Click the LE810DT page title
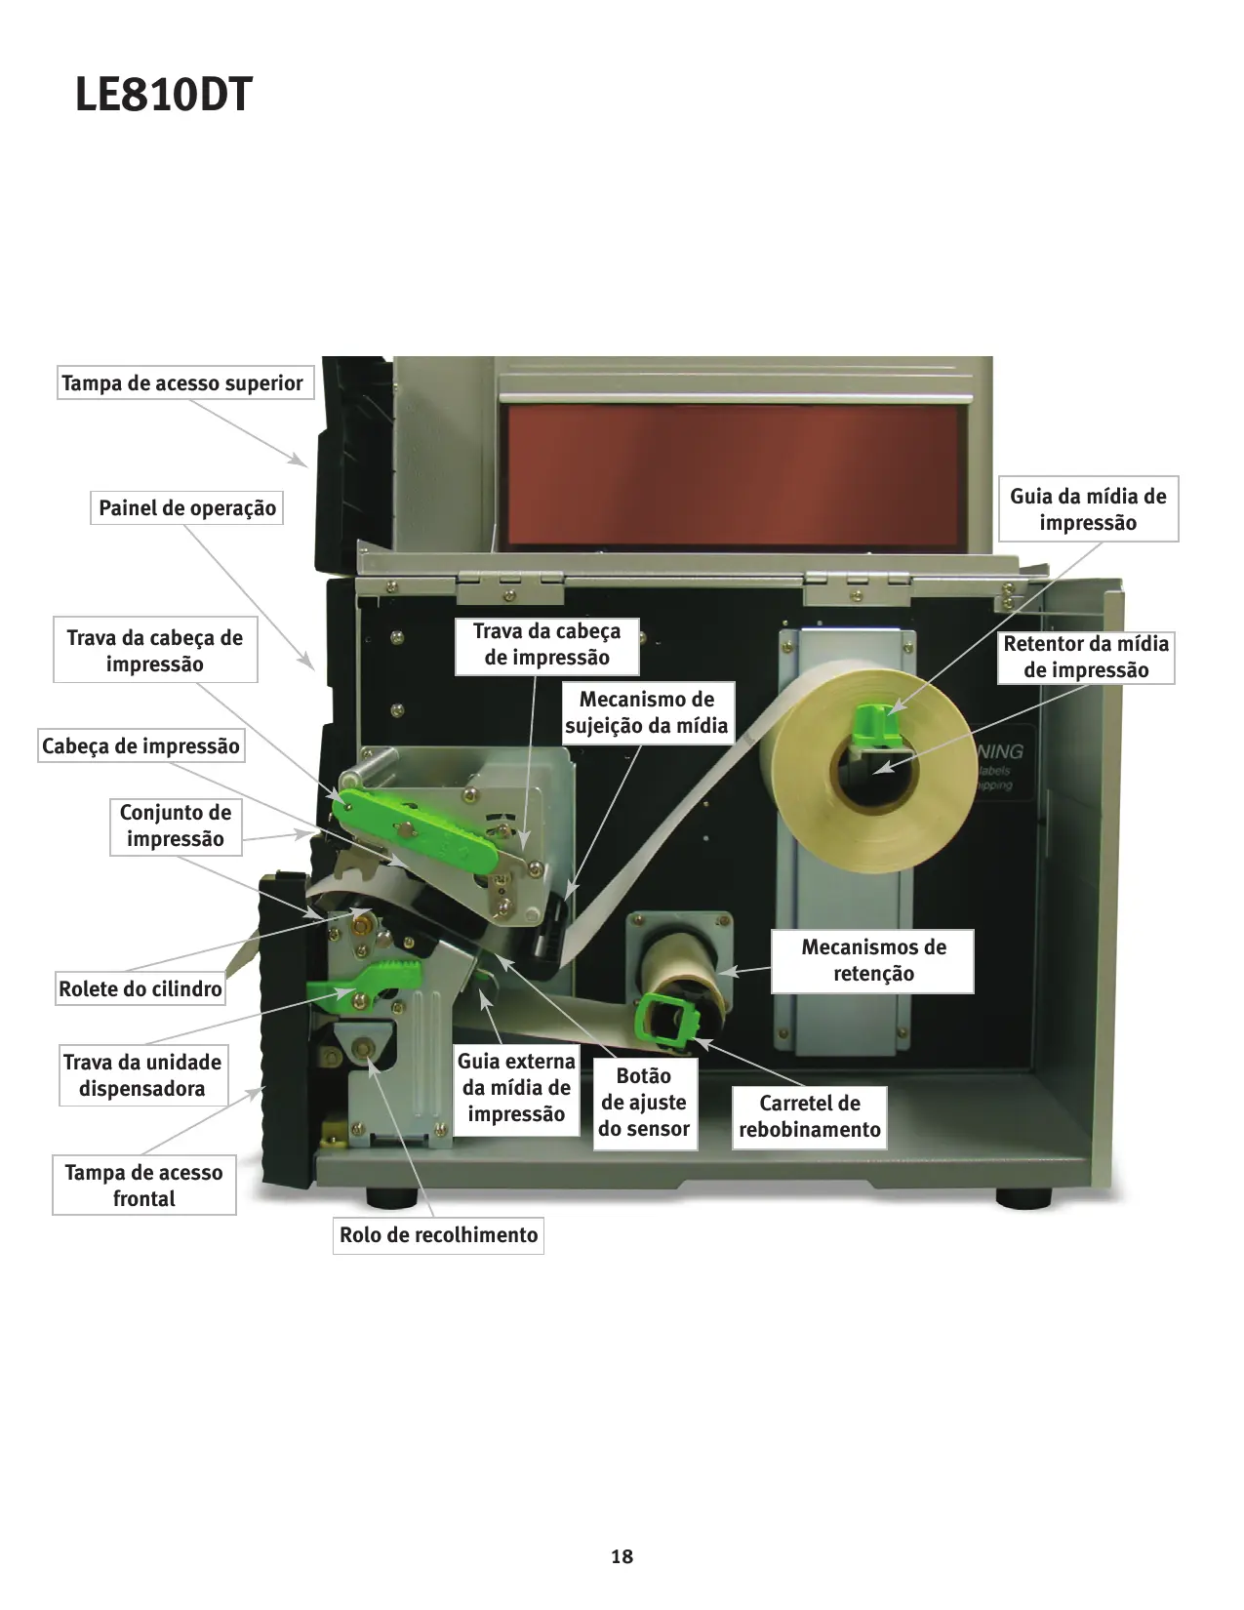(x=164, y=96)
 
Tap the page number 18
(x=622, y=1556)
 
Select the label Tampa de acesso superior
(x=182, y=383)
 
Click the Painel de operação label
(x=186, y=508)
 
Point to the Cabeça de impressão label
(x=140, y=746)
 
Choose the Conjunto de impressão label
(x=176, y=825)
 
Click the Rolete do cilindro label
(x=140, y=988)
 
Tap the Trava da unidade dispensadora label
(x=142, y=1075)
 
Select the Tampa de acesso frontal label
(x=143, y=1186)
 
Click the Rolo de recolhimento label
(x=438, y=1235)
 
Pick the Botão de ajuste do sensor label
(x=644, y=1103)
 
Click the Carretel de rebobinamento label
(x=810, y=1116)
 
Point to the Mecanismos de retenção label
(x=873, y=960)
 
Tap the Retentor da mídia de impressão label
(x=1086, y=657)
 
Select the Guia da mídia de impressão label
(x=1088, y=509)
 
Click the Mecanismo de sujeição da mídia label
(x=647, y=712)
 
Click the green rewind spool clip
(x=667, y=1021)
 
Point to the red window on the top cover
(x=732, y=475)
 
